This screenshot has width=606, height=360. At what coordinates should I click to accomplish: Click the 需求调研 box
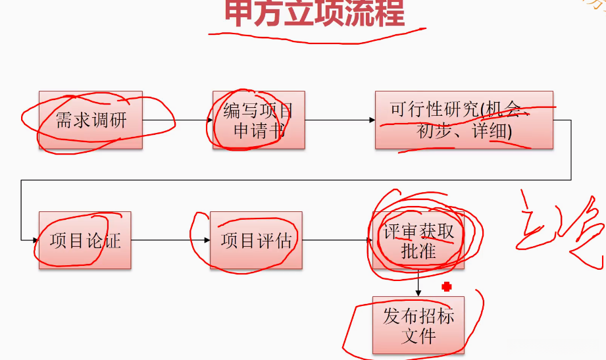coord(91,120)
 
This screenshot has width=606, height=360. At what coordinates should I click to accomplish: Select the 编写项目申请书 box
coord(259,120)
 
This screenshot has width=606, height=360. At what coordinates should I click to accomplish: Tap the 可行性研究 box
coord(463,120)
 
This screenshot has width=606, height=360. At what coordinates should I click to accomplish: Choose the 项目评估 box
coord(256,240)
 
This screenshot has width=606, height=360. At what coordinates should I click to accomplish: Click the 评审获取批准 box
coord(418,240)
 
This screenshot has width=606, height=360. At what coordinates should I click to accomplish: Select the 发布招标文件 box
coord(418,325)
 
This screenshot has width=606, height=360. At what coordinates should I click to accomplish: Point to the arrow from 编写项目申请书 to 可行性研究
coord(340,120)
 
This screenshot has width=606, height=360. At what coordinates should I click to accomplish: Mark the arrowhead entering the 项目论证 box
coord(34,240)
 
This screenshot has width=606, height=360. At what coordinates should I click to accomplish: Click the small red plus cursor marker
coord(447,286)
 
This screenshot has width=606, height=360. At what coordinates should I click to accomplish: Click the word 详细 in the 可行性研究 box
coord(490,132)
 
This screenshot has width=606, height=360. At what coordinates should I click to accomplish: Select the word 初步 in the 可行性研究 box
coord(434,132)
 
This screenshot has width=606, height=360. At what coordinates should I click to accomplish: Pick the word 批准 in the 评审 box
coord(418,251)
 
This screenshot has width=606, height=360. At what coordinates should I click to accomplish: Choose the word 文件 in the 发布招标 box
coord(418,336)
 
